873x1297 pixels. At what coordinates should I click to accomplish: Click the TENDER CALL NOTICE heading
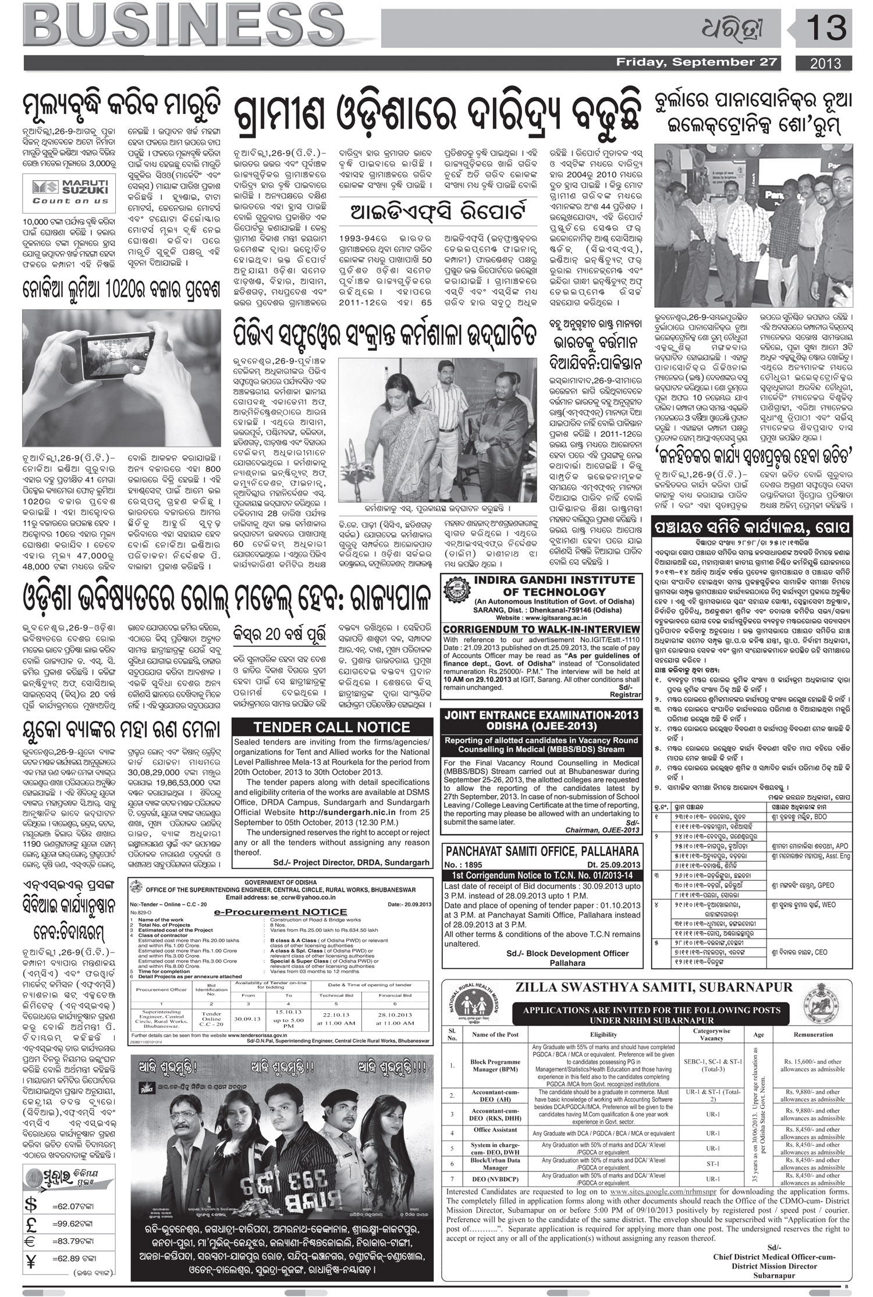(332, 727)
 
